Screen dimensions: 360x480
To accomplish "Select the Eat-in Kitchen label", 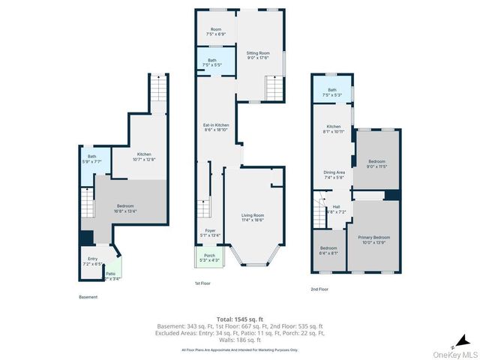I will coord(216,127).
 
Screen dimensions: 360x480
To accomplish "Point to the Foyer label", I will coord(210,232).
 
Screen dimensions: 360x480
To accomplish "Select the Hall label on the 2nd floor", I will coord(335,209).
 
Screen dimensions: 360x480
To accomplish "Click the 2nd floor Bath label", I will coord(331,92).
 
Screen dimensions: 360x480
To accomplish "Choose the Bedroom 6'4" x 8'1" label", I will coord(329,250).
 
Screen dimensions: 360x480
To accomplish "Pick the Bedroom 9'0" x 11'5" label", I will coord(376,163).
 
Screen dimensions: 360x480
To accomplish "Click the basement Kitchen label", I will coord(144,156).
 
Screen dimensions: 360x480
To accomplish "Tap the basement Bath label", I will coord(91,158).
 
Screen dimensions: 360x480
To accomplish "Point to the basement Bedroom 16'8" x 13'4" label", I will coord(125,208).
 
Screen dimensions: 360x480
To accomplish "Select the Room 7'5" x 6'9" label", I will coord(216,32).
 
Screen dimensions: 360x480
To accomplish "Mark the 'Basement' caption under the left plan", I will coord(88,297).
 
